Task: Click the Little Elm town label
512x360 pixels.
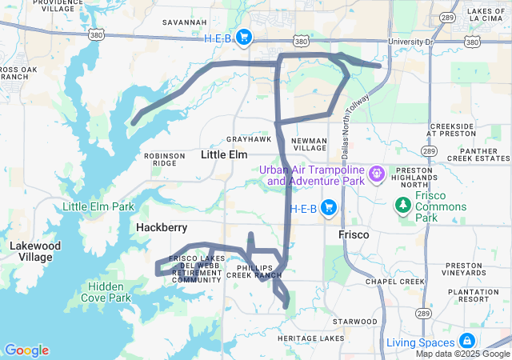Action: point(224,154)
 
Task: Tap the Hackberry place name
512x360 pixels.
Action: point(161,228)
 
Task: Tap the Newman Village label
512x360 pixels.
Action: point(310,144)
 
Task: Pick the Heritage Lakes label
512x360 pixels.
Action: point(306,339)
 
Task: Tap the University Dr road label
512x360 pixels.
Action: point(410,41)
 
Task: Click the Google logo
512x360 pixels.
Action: point(26,350)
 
